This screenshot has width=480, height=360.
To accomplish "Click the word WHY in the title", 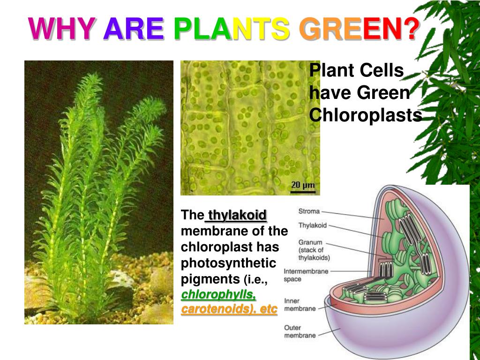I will click(62, 29).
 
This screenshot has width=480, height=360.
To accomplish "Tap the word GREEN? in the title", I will click(360, 29).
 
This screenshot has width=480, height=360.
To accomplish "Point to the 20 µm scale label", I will click(303, 184).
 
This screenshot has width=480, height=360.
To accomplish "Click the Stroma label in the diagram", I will click(309, 211).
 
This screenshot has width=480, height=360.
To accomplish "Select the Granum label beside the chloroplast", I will click(310, 242).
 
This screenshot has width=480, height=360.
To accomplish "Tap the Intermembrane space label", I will click(306, 275).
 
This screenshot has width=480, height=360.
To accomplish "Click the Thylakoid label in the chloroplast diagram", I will click(313, 225).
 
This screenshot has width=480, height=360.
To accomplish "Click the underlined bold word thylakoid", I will click(237, 216).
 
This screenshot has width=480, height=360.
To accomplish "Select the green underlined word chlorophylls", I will click(218, 295).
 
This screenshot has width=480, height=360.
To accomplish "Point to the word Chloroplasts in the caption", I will click(366, 115).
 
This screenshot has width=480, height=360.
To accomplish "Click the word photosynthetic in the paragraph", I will click(229, 263).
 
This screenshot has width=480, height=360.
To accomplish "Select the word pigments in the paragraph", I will click(210, 279).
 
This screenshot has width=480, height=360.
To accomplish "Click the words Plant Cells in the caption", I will click(356, 71).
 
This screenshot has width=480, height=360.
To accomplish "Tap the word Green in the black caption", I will click(383, 93).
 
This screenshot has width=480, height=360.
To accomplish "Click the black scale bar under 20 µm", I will click(303, 191).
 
